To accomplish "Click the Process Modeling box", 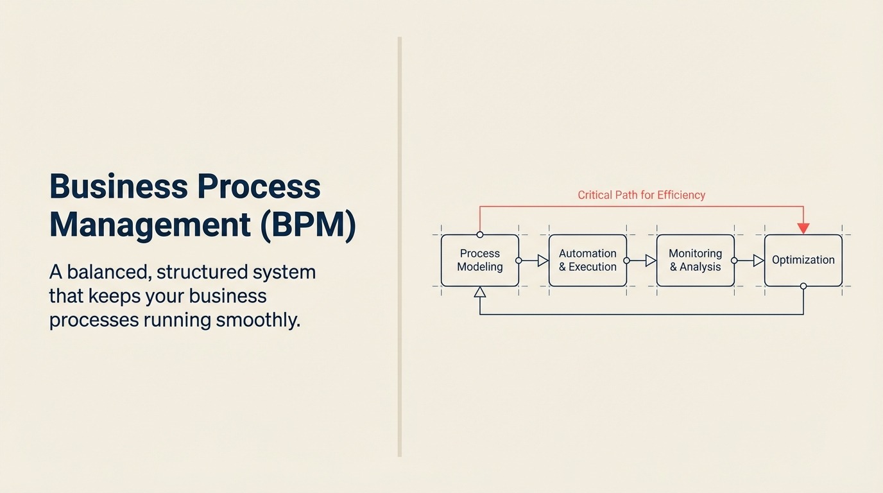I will (480, 260).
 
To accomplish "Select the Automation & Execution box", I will (588, 260).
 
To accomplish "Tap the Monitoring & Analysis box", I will (696, 260).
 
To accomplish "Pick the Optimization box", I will (803, 260).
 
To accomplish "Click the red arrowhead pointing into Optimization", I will (803, 229).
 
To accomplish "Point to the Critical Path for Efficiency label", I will (641, 195).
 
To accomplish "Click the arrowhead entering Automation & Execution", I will (543, 261).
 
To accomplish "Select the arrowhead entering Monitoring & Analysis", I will (651, 261).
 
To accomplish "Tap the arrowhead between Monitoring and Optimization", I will (759, 261).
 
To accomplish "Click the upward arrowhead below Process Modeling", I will (480, 292).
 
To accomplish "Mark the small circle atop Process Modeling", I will (480, 234).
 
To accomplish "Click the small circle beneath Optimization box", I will (803, 286).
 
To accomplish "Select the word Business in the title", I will (118, 187).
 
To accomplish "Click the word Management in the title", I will (150, 225).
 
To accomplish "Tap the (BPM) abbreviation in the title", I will (308, 225).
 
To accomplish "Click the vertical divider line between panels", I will (400, 246).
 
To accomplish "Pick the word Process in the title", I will (259, 187).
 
